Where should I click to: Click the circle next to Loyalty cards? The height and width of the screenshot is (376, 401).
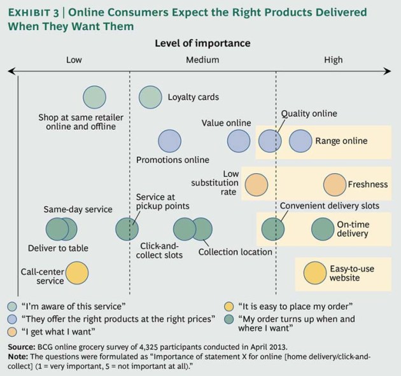point(151,97)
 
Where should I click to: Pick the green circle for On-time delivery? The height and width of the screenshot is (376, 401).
point(323,229)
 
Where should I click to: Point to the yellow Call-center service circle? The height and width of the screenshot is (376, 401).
point(77,274)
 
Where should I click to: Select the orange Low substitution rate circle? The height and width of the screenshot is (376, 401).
point(256,185)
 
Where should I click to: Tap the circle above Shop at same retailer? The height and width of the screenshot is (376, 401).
point(94,97)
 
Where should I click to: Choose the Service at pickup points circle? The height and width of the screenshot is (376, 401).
point(127,229)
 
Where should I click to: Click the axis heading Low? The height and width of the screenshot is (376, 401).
point(74,60)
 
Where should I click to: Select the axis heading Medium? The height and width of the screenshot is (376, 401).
point(202,60)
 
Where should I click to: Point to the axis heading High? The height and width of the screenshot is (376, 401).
point(333,60)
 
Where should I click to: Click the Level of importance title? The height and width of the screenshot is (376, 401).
point(202,43)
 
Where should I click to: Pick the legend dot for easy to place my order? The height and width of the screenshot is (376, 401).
point(228,305)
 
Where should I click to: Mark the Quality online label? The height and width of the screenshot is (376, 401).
point(309,114)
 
